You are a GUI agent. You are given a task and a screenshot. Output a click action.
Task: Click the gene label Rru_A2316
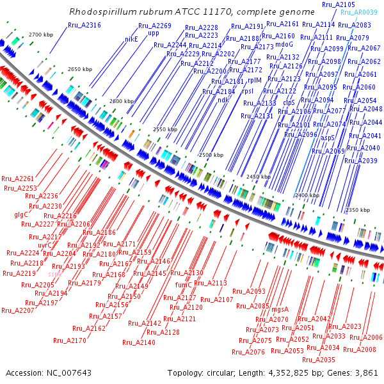(84, 25)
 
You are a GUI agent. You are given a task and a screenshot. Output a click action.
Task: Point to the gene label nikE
(131, 38)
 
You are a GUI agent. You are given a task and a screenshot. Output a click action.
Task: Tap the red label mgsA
(280, 309)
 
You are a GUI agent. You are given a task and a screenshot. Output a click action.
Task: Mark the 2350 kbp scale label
(358, 210)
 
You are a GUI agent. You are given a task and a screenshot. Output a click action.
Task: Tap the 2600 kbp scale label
(122, 102)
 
